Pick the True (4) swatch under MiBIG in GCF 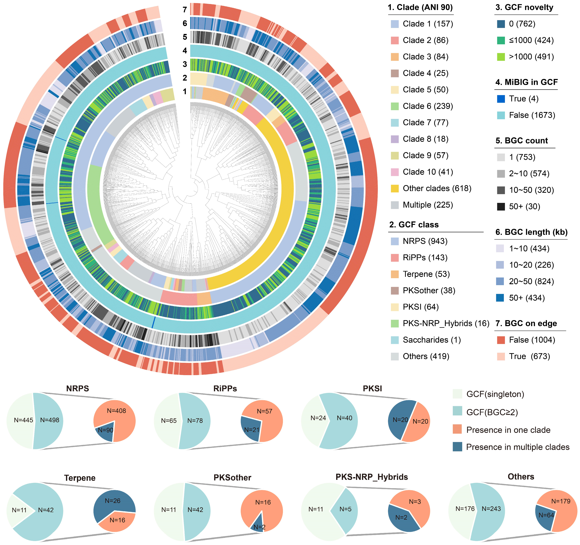pyautogui.click(x=501, y=99)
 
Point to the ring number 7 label pyautogui.click(x=185, y=10)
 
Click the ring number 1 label pyautogui.click(x=185, y=91)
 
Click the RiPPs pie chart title pyautogui.click(x=225, y=388)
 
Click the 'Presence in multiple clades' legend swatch pyautogui.click(x=457, y=447)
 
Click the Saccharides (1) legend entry pyautogui.click(x=431, y=340)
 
